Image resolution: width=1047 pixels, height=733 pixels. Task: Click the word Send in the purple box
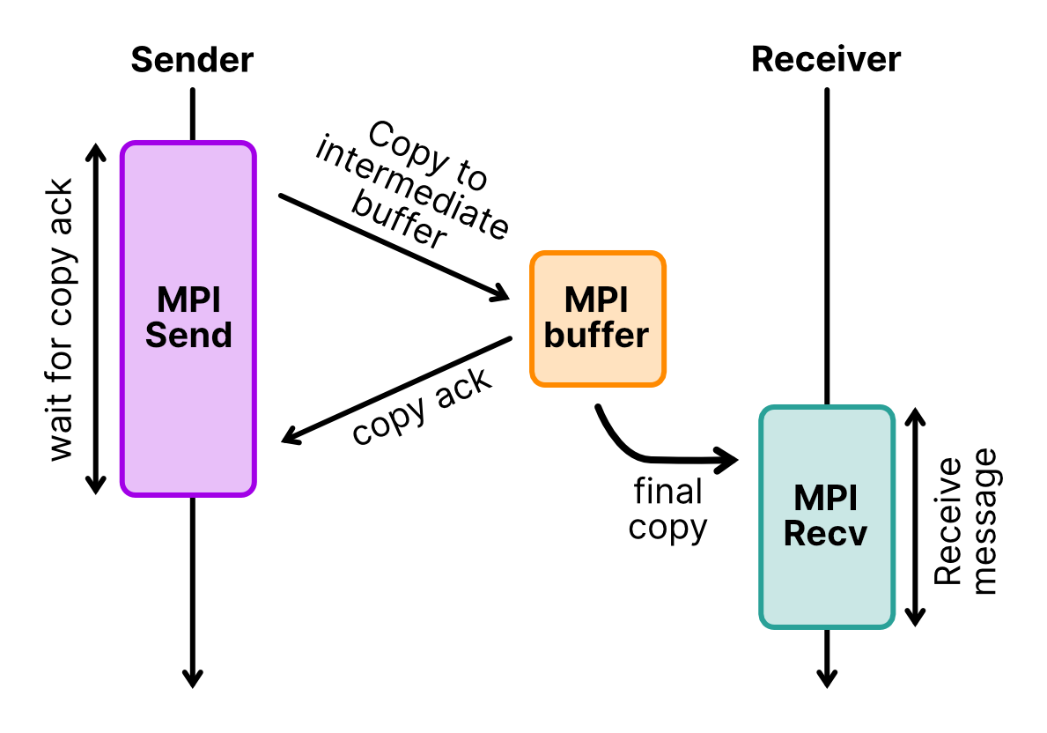188,336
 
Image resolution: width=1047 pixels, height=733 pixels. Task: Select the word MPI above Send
188,300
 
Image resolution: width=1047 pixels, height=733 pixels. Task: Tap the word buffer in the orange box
596,336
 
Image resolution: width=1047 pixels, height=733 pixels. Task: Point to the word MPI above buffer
596,300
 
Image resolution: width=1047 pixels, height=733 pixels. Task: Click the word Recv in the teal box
825,534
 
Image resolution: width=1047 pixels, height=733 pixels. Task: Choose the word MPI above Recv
825,499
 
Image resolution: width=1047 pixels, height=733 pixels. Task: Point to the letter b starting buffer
554,336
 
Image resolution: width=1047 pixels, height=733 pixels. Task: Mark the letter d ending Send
222,336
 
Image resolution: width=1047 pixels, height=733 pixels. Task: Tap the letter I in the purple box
216,300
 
